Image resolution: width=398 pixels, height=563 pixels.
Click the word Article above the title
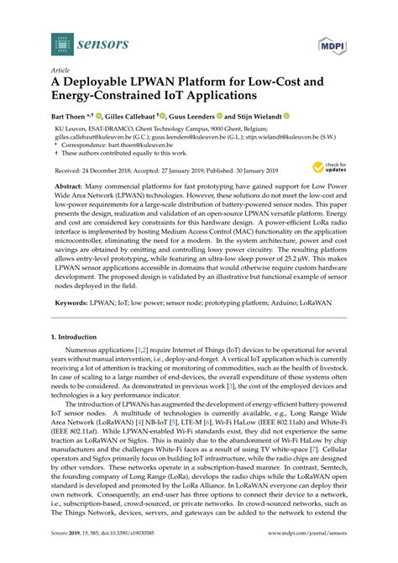61,72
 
